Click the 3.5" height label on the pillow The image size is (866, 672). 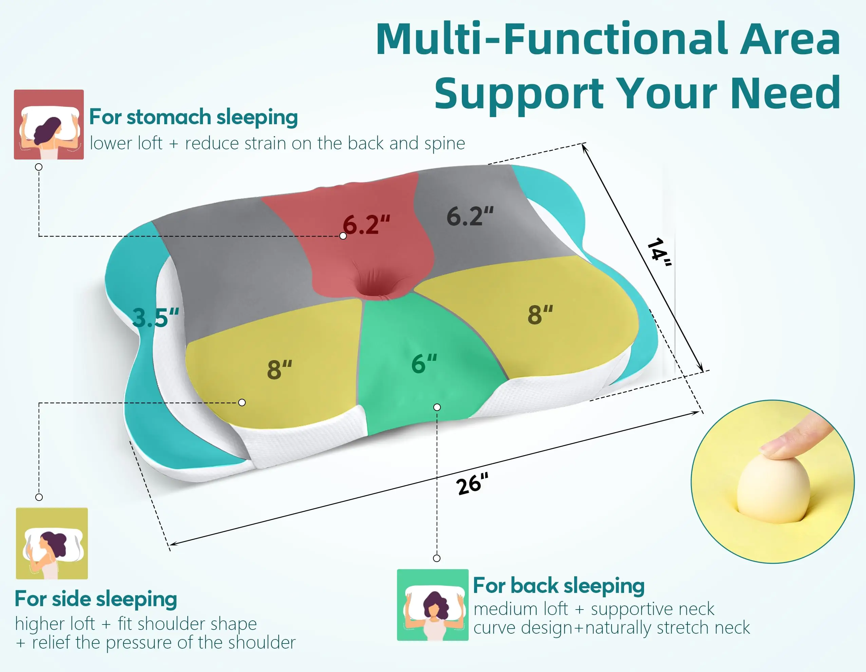[x=155, y=317]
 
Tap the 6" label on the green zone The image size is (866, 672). [x=424, y=364]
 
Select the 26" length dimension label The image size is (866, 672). [x=472, y=484]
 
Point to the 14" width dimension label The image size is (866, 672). [x=659, y=251]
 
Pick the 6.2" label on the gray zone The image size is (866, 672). [x=470, y=216]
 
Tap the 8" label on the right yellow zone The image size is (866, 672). [x=540, y=315]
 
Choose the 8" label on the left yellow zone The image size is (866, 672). [x=280, y=369]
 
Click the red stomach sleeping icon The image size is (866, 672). [x=49, y=125]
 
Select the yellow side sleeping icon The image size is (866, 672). [x=52, y=543]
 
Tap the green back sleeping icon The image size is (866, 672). [x=433, y=604]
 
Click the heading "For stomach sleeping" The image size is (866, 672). [x=193, y=117]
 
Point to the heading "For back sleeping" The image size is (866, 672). [x=559, y=585]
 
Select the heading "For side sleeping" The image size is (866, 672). [x=96, y=599]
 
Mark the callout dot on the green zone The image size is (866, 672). [x=437, y=407]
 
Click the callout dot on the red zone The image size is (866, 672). [x=343, y=236]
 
